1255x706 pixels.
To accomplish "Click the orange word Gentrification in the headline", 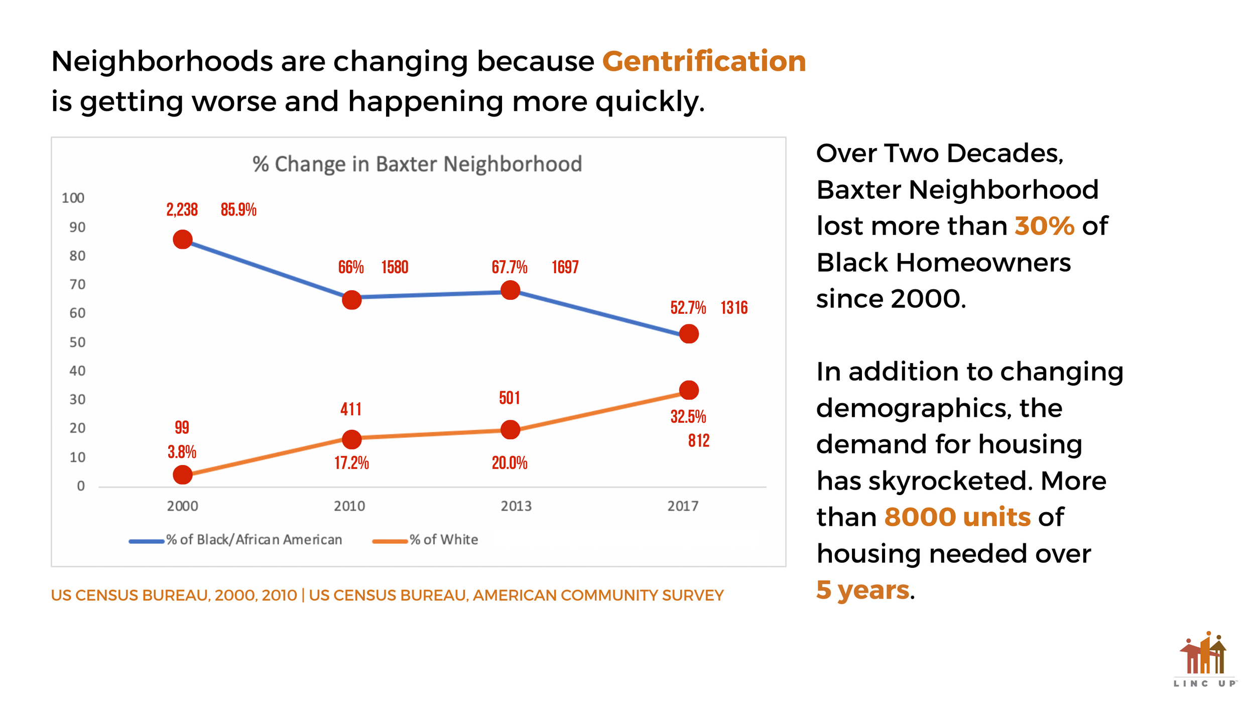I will [703, 61].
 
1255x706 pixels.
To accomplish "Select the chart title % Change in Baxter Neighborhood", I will [417, 164].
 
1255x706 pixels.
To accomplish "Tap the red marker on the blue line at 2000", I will [183, 240].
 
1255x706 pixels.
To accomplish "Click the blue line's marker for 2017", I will [689, 334].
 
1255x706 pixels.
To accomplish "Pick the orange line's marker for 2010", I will [351, 439].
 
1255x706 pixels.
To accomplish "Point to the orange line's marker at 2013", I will [510, 430].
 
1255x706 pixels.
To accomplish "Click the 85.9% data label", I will [238, 210].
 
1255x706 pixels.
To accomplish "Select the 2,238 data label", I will [182, 210].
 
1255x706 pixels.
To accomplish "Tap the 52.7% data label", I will [688, 308].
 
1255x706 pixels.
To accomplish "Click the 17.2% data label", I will [351, 463].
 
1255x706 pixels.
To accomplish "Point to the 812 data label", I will [698, 441].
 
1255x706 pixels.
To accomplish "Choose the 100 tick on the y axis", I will [73, 198].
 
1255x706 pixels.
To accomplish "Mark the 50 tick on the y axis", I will [77, 342].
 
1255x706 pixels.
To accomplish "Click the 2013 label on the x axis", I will [516, 506].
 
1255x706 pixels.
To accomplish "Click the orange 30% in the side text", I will [1044, 226].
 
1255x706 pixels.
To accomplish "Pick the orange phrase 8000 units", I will [957, 517].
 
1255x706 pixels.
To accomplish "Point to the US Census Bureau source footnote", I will [387, 596].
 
